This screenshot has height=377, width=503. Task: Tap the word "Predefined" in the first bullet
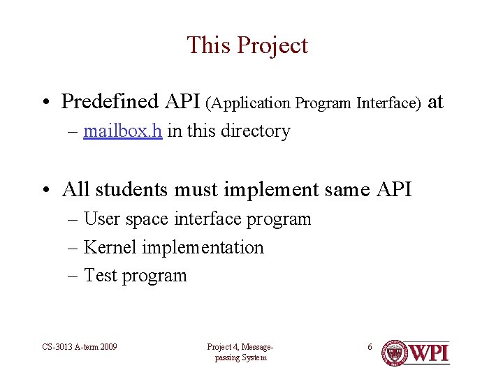coord(110,102)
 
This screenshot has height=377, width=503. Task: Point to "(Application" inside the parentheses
coord(248,103)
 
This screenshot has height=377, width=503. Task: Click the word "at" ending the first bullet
coord(435,102)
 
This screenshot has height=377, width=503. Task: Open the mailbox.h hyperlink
coord(123,131)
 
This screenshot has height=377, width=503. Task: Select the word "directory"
coord(256,131)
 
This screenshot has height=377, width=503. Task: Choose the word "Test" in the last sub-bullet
coord(101,276)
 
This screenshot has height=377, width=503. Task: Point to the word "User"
coord(102,219)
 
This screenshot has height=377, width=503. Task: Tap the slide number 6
coord(370,347)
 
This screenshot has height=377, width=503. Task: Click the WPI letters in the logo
coord(429,353)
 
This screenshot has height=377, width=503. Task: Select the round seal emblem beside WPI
coord(394,353)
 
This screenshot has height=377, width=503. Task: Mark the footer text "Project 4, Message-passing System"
coord(240,353)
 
